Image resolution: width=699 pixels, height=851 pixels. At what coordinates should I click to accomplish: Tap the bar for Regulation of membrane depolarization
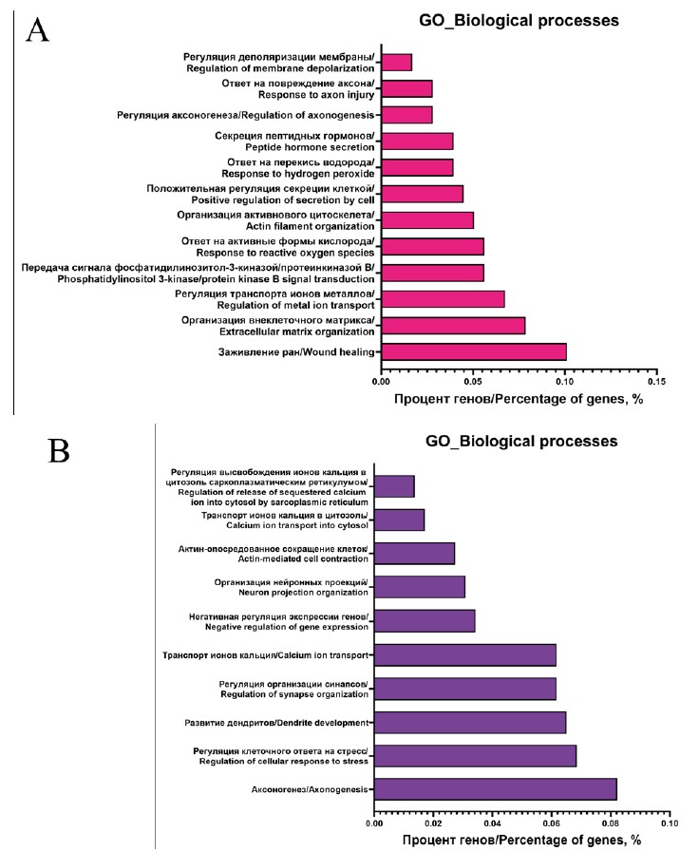click(x=396, y=63)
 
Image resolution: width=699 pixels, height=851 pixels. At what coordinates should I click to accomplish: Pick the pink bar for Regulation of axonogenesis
click(x=406, y=115)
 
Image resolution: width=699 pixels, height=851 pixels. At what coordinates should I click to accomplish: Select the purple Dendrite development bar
click(x=470, y=723)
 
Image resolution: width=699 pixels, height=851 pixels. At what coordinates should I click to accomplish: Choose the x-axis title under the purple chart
click(x=521, y=840)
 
